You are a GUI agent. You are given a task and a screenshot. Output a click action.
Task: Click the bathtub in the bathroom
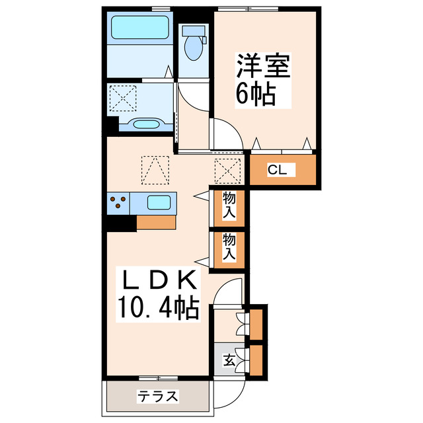pyautogui.click(x=141, y=28)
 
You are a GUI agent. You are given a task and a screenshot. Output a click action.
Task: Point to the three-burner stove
pyautogui.click(x=119, y=202)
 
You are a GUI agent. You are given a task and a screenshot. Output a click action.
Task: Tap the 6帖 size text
pyautogui.click(x=255, y=95)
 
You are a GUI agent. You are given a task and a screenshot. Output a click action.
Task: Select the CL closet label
pyautogui.click(x=277, y=170)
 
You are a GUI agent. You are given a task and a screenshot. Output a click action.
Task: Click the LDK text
pyautogui.click(x=157, y=281)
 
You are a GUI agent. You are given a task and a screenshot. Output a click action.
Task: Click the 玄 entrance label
pyautogui.click(x=229, y=361)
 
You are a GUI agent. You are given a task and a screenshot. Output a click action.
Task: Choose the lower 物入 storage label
pyautogui.click(x=229, y=247)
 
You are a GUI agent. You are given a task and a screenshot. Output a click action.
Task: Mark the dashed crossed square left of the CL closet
pyautogui.click(x=226, y=171)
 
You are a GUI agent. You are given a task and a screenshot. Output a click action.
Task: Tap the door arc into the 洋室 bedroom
pyautogui.click(x=225, y=132)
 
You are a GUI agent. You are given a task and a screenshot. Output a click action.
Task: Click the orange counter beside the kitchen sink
pyautogui.click(x=157, y=222)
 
